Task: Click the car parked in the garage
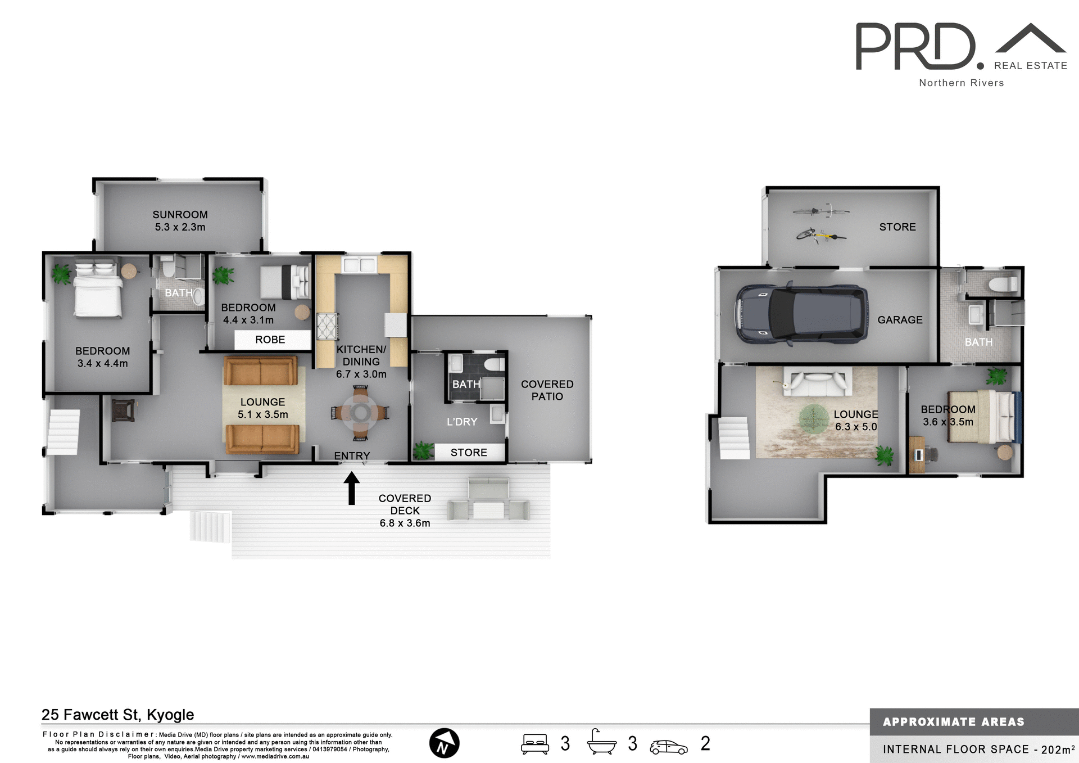801,314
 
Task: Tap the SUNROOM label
180,215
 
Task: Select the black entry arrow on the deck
352,487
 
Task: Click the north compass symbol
444,743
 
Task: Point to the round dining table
361,413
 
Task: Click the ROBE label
270,340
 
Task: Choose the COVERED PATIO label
547,390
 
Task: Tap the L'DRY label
462,422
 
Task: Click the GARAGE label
900,320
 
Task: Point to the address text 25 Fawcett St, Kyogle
117,715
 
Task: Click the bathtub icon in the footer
601,743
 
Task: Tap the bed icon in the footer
535,743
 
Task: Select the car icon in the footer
668,747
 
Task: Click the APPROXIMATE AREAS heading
953,722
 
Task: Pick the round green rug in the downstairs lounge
814,419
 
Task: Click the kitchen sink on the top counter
360,265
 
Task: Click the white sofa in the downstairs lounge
818,382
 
